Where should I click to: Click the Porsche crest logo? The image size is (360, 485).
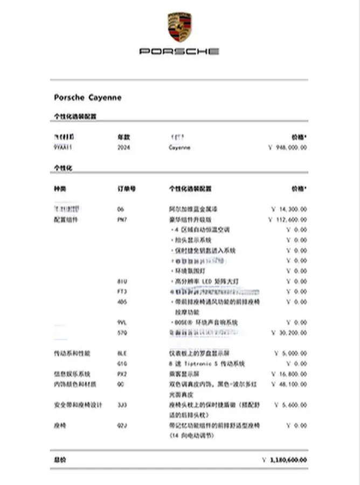pos(179,27)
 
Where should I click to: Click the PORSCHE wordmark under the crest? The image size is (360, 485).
pos(179,51)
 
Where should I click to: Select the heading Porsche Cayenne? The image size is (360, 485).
pos(88,98)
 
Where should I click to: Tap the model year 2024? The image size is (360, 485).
pos(123,147)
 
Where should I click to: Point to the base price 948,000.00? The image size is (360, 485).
pos(288,147)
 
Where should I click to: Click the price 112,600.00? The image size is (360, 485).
pos(288,219)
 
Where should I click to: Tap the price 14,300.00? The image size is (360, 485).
pos(289,209)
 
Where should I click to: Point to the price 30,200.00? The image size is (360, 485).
pos(289,333)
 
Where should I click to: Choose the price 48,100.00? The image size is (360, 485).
pos(289,384)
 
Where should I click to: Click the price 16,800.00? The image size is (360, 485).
pos(289,374)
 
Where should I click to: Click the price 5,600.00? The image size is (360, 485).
pos(291,405)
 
